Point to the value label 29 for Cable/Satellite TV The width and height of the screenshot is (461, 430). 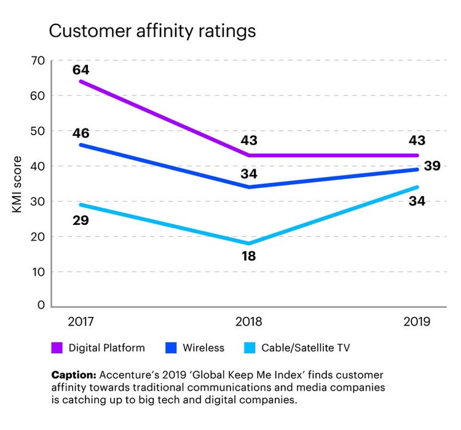tap(81, 220)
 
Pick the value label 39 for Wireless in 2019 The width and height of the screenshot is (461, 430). tap(435, 165)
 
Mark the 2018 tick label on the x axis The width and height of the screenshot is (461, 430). tap(248, 321)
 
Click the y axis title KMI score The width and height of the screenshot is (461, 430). tap(17, 182)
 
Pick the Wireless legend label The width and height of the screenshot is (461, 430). tap(203, 348)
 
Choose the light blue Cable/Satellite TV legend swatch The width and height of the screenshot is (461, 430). tap(251, 348)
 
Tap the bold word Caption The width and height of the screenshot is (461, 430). tap(73, 374)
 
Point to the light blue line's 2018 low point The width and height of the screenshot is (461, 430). tap(248, 244)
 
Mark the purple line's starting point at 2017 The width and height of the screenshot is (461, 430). tap(80, 81)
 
